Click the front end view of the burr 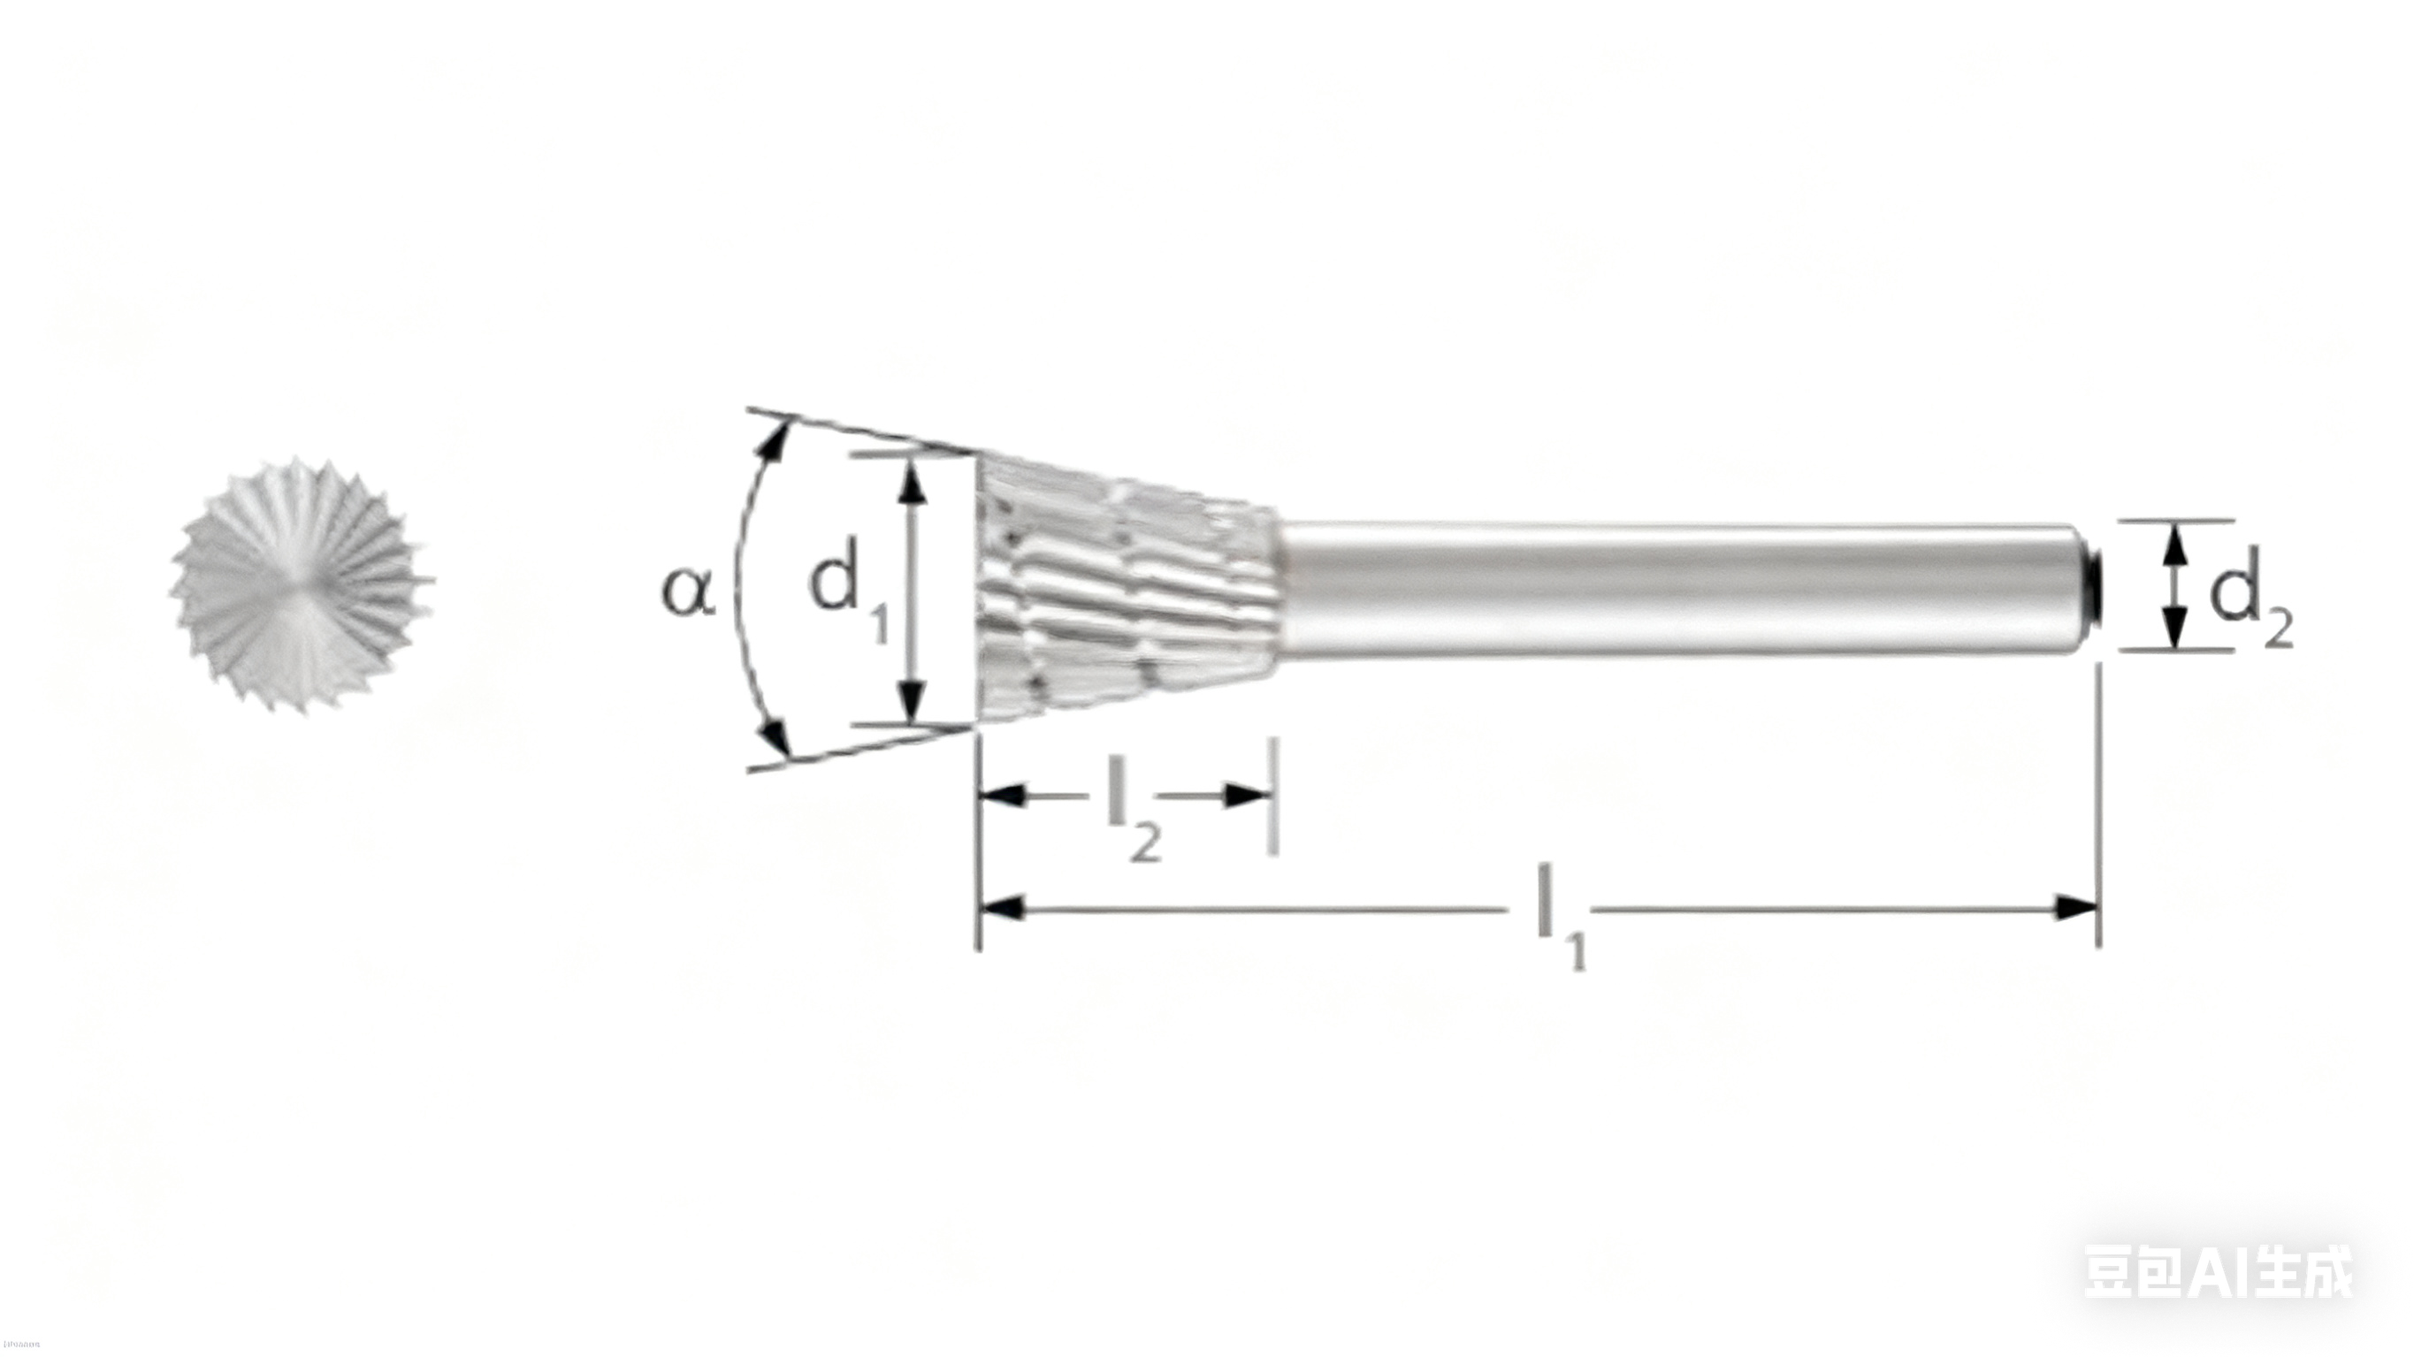coord(302,586)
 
